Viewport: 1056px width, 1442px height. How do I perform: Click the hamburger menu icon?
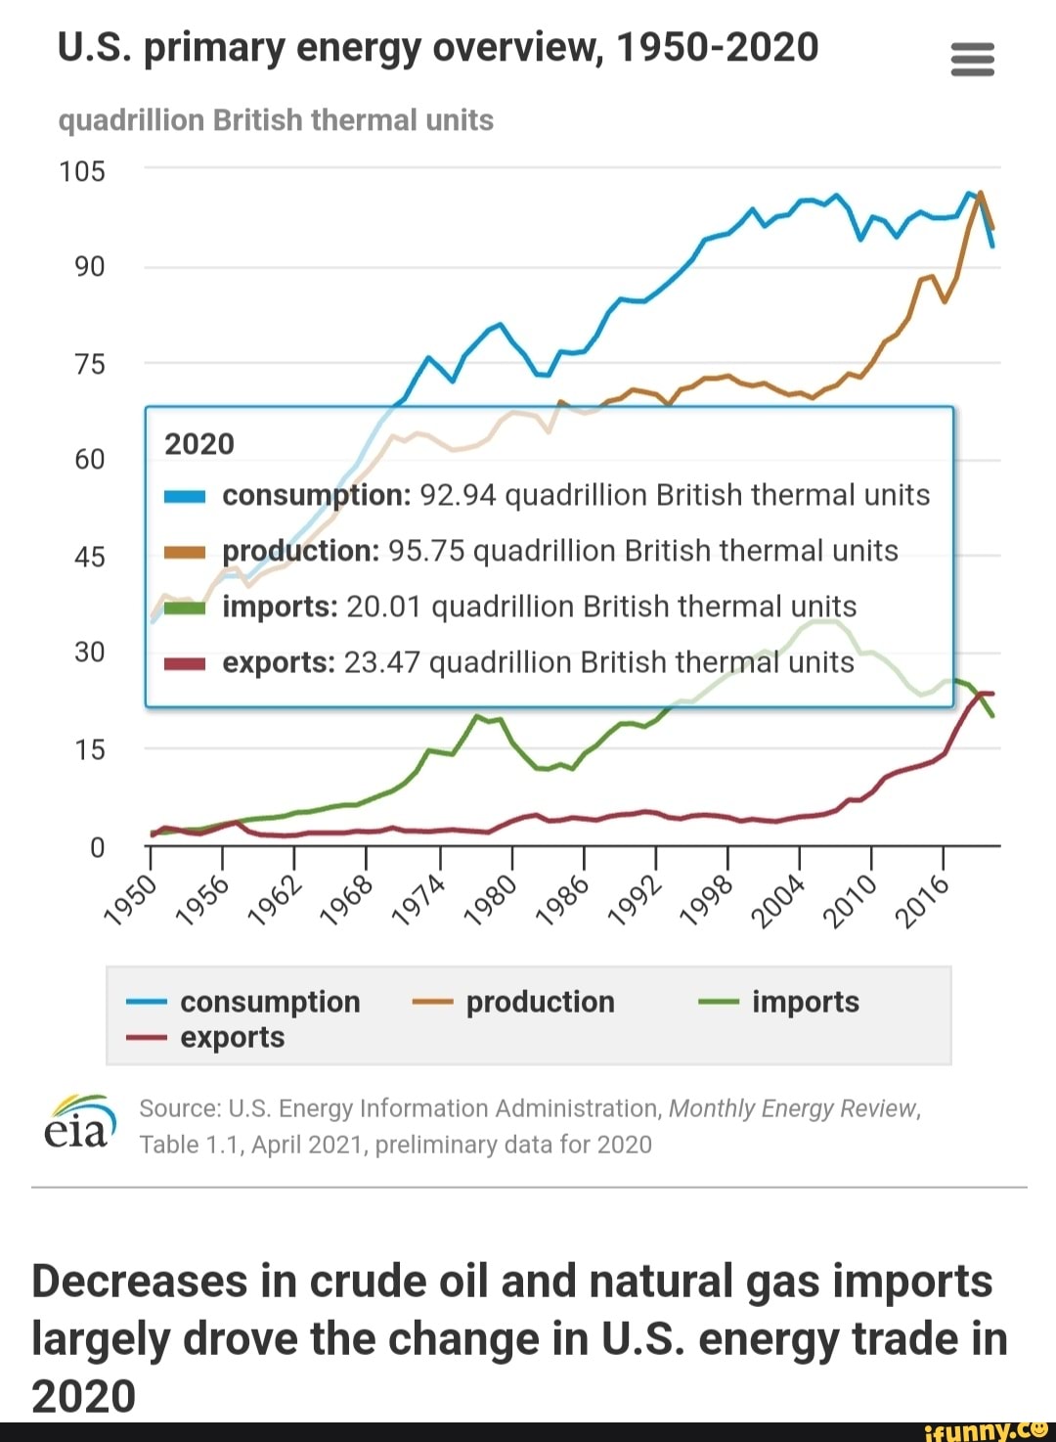point(972,60)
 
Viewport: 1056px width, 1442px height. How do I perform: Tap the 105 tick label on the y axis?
point(82,172)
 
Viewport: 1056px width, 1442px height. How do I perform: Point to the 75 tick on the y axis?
point(89,365)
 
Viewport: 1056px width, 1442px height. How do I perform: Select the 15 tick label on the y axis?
point(89,750)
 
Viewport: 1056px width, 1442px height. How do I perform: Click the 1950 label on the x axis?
point(130,900)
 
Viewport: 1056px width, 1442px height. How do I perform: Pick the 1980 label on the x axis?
point(490,900)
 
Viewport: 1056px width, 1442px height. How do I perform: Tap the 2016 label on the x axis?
point(923,900)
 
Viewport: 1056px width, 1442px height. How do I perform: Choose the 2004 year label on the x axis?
point(778,900)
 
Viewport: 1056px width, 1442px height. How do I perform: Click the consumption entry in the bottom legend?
point(270,1002)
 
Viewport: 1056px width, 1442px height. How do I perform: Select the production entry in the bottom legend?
point(540,1002)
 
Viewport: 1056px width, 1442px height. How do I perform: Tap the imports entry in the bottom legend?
point(805,1002)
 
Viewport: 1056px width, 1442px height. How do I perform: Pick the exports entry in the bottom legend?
point(232,1037)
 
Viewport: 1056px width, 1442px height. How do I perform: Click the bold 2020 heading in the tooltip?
point(199,444)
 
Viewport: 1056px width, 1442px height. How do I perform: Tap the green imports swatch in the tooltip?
point(184,608)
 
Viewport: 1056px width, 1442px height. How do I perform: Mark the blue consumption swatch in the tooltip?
point(184,496)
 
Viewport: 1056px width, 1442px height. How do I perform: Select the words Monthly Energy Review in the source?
point(793,1108)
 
